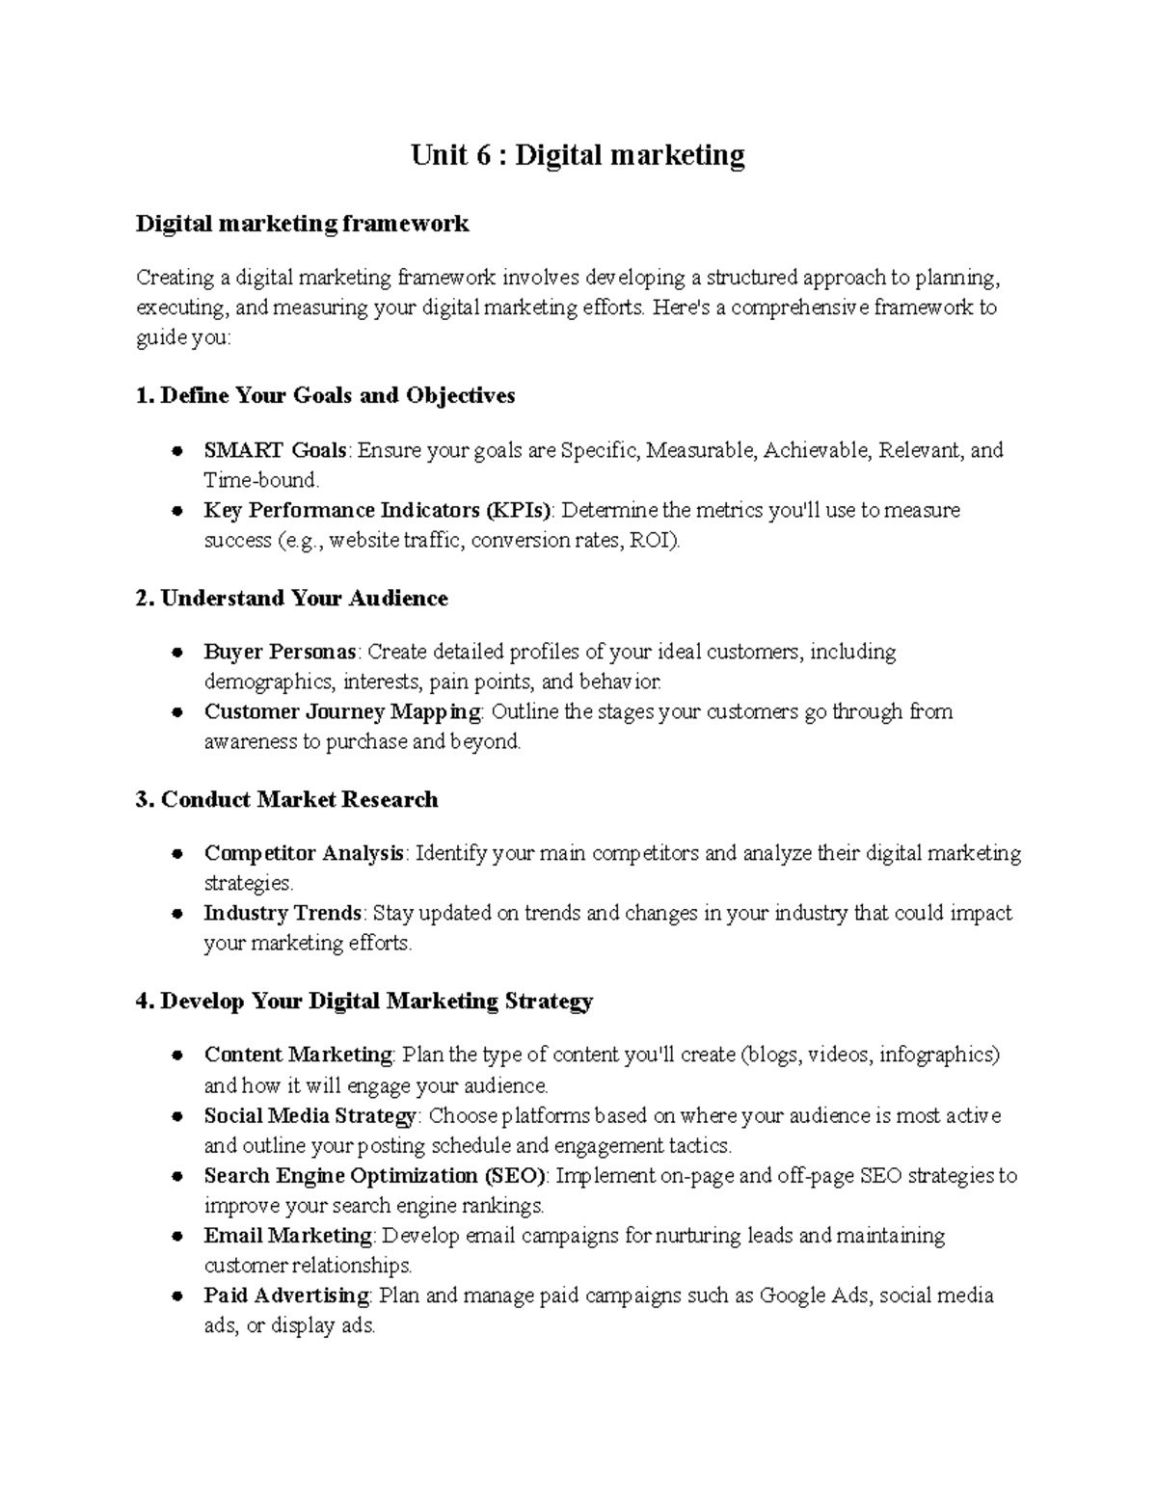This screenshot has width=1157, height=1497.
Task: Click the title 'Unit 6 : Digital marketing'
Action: tap(578, 155)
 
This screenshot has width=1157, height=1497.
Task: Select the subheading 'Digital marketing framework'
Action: tap(302, 224)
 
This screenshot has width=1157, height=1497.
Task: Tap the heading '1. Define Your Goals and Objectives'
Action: tap(326, 395)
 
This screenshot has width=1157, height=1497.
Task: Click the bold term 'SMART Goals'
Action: tap(275, 450)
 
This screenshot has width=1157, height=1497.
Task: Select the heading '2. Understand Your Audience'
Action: tap(292, 599)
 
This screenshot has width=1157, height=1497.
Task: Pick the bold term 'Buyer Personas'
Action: tap(280, 653)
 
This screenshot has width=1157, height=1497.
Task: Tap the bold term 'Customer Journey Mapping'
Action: tap(342, 712)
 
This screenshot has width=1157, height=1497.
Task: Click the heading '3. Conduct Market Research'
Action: tap(287, 800)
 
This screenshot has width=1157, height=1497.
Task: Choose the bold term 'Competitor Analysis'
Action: tap(304, 854)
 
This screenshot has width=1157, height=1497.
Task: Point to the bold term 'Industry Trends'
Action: tap(283, 913)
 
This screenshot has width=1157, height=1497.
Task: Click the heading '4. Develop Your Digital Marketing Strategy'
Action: tap(364, 1002)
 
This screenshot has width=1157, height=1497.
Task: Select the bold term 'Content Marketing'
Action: tap(298, 1056)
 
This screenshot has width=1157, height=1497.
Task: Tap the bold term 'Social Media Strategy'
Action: tap(309, 1116)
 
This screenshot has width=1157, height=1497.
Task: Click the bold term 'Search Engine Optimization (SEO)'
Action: tap(375, 1176)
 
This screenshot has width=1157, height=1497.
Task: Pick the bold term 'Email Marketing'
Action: tap(287, 1236)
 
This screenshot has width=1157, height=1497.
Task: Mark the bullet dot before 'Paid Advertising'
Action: tap(177, 1297)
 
